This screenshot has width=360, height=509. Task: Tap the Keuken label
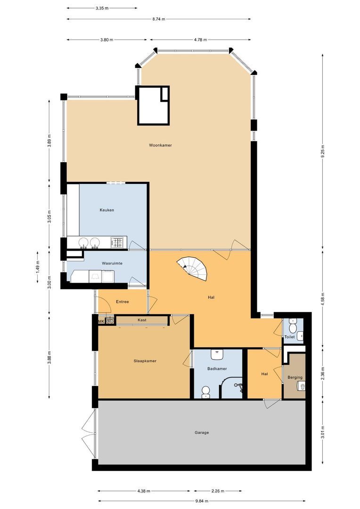tap(106, 210)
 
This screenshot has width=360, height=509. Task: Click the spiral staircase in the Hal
tap(194, 269)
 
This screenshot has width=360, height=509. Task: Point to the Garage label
tap(201, 432)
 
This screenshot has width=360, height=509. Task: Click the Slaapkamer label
tap(145, 361)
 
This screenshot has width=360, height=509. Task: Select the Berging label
tap(295, 378)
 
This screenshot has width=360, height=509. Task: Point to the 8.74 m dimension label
tap(158, 19)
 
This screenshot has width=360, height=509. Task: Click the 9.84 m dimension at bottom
tap(202, 501)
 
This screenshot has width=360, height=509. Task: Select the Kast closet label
tap(141, 320)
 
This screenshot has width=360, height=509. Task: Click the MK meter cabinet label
tap(101, 321)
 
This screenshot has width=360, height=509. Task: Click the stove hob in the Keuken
tap(117, 242)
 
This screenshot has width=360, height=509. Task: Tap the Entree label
tap(123, 302)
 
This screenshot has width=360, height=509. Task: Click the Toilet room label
tap(289, 337)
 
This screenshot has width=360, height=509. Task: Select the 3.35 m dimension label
tap(101, 8)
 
